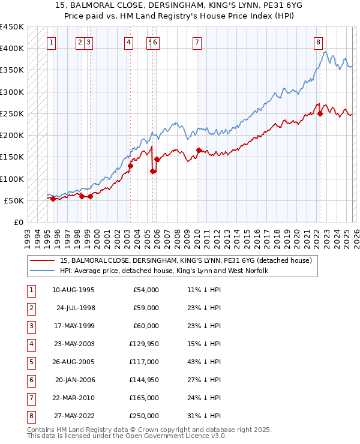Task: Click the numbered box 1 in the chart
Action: click(52, 42)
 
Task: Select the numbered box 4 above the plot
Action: click(129, 42)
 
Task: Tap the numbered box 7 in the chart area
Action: click(197, 42)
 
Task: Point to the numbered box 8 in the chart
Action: click(318, 42)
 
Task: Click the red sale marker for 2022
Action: click(320, 114)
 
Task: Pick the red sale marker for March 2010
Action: click(199, 151)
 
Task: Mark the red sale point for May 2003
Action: click(131, 166)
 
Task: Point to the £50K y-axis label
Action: click(14, 200)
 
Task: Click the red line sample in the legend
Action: click(43, 261)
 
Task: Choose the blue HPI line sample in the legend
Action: click(43, 271)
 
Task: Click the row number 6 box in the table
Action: click(31, 380)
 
